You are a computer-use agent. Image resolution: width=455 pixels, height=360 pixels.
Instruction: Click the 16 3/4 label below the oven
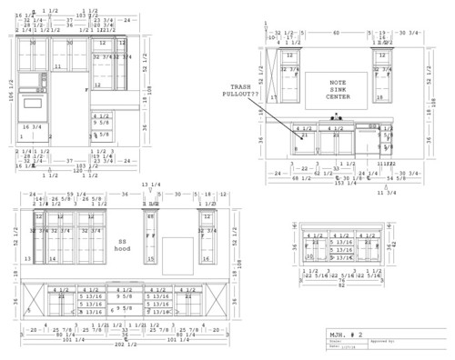pos(31,126)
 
